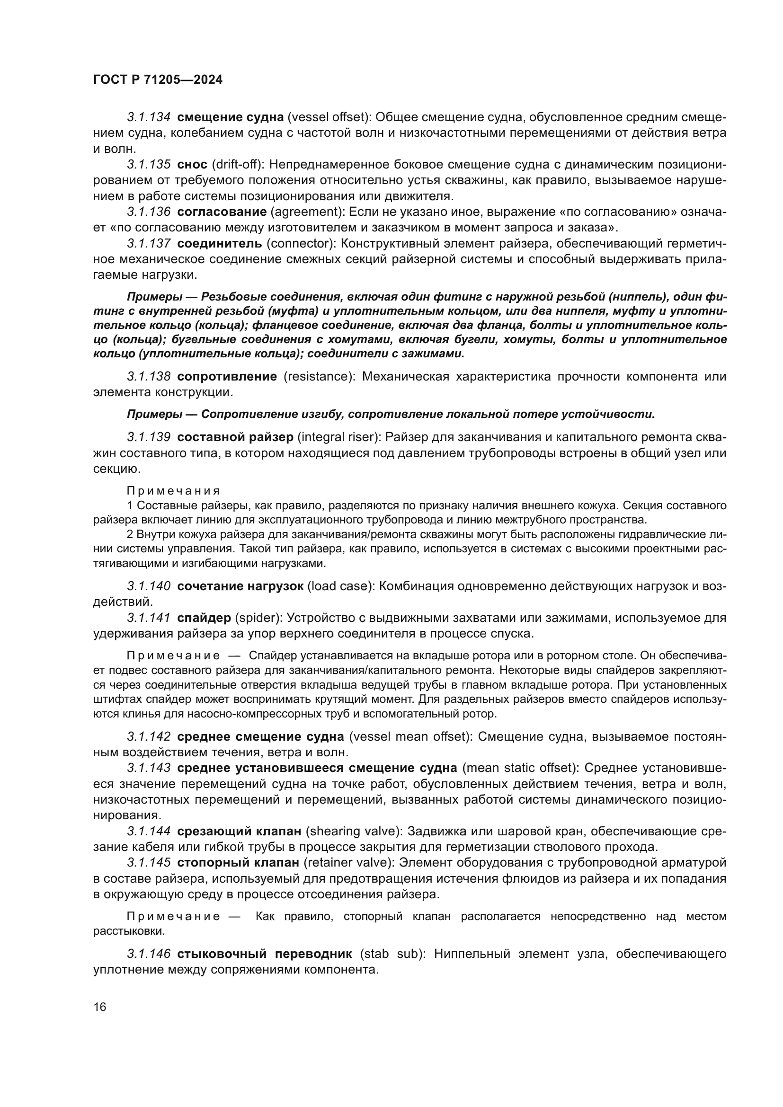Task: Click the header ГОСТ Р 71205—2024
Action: tap(158, 80)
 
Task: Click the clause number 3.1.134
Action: tap(149, 117)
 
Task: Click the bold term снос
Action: tap(192, 164)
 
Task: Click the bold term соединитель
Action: tap(220, 243)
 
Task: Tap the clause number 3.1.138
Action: tap(149, 376)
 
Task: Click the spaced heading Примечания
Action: tap(173, 491)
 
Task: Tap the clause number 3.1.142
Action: tap(149, 736)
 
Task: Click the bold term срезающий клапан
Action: tap(239, 831)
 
